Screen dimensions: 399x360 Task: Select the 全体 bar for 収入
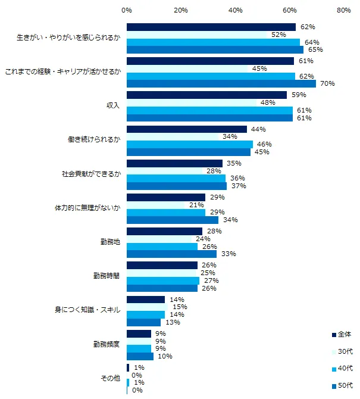pyautogui.click(x=206, y=95)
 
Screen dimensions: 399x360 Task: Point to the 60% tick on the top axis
pyautogui.click(x=290, y=10)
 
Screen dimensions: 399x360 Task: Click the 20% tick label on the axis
pyautogui.click(x=181, y=10)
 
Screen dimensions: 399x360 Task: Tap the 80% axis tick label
pyautogui.click(x=343, y=10)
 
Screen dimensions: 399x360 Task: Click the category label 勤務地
pyautogui.click(x=110, y=242)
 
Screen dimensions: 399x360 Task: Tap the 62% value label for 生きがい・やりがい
pyautogui.click(x=308, y=27)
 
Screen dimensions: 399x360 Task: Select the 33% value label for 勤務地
pyautogui.click(x=228, y=254)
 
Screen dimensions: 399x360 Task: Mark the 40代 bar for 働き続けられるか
pyautogui.click(x=190, y=144)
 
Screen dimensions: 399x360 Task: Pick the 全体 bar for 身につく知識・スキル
pyautogui.click(x=146, y=300)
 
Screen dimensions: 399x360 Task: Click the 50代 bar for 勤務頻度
pyautogui.click(x=140, y=356)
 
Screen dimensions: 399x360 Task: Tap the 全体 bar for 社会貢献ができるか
pyautogui.click(x=174, y=163)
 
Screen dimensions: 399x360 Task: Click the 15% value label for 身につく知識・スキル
pyautogui.click(x=180, y=307)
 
